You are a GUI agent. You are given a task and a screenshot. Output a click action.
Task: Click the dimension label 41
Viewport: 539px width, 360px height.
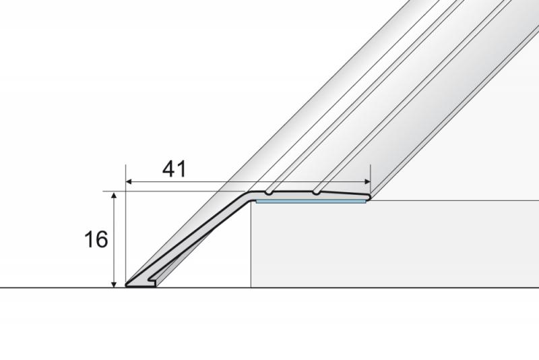point(175,169)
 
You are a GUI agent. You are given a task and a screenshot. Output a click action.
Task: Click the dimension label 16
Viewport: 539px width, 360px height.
point(96,239)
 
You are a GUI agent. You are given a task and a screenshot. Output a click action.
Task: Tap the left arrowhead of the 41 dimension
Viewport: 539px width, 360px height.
point(129,181)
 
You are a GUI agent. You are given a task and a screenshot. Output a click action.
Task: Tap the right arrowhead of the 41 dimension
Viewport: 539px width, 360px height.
point(367,181)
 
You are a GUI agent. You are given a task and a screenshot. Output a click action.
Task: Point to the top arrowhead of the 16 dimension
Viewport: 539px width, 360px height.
point(114,196)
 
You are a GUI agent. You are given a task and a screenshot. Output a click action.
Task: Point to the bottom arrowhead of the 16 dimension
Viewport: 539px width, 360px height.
point(114,284)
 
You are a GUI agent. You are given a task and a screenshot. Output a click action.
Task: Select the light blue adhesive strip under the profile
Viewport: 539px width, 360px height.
point(311,202)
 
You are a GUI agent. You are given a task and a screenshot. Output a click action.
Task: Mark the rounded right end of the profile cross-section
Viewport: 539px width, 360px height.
point(368,197)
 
